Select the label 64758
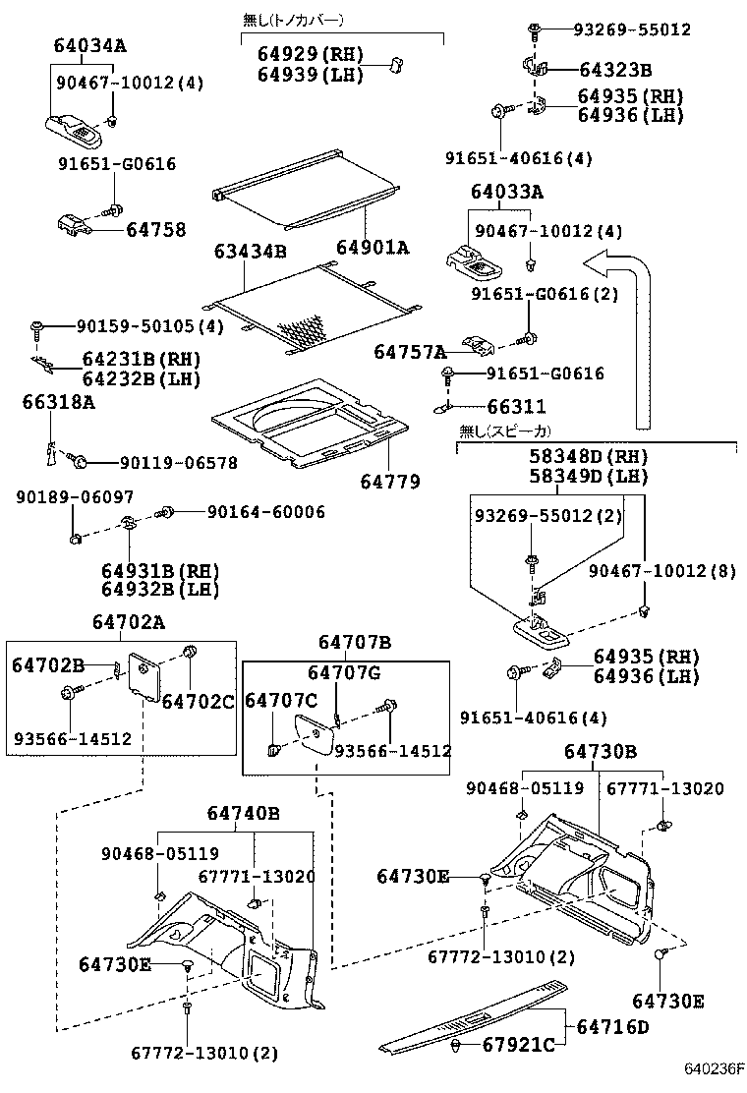(x=155, y=230)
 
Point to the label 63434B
(x=251, y=253)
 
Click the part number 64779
(x=389, y=482)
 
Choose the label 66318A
(x=59, y=401)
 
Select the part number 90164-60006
(x=265, y=512)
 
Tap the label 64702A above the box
(x=129, y=621)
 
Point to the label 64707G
(x=344, y=672)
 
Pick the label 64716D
(x=612, y=1027)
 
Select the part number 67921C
(x=519, y=1044)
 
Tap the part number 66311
(x=518, y=406)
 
